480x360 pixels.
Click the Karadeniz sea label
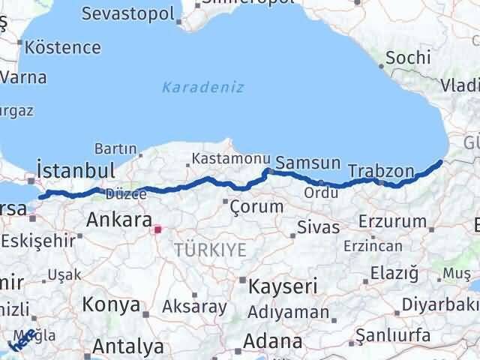coord(203,87)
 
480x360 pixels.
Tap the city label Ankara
coord(119,220)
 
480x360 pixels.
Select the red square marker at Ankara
coord(157,229)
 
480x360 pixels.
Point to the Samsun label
coord(307,163)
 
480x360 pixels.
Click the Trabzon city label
coord(381,171)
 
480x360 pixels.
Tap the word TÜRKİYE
coord(210,250)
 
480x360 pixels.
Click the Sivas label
coord(318,227)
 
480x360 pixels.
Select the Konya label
coord(112,304)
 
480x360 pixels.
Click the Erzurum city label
coord(392,222)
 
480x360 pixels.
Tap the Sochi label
coord(408,58)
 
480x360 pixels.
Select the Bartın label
coord(115,149)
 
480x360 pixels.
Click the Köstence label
coord(62,46)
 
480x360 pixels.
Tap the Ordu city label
coord(320,193)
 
